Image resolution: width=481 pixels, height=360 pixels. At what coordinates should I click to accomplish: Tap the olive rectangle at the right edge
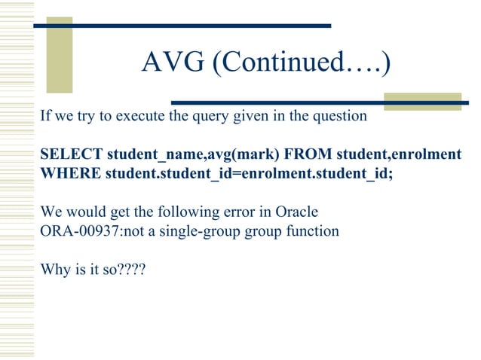click(433, 102)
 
